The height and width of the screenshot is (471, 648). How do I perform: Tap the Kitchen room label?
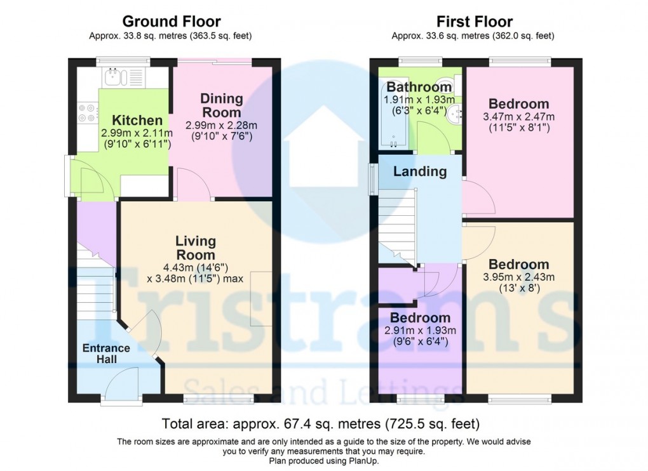(x=137, y=121)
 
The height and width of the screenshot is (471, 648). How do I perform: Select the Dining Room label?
(x=222, y=105)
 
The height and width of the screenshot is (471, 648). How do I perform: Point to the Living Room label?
(x=196, y=248)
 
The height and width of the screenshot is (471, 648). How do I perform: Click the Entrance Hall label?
(x=106, y=354)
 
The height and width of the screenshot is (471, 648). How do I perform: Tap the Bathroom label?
(x=419, y=87)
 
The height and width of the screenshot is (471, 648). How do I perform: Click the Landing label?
(x=420, y=171)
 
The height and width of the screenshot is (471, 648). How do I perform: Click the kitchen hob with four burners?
(x=86, y=112)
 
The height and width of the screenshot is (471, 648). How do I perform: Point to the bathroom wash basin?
(x=455, y=115)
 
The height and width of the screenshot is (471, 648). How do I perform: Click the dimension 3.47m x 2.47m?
(x=519, y=117)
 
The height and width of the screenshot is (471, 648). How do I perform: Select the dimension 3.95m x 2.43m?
(x=519, y=277)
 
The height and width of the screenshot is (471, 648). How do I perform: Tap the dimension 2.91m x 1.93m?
(x=420, y=330)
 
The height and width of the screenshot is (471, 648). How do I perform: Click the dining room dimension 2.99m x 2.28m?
(x=222, y=126)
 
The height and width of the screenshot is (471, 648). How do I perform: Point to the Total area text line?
(x=321, y=423)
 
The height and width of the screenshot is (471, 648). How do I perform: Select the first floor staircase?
(x=397, y=229)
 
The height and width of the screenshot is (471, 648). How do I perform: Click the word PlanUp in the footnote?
(x=363, y=461)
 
